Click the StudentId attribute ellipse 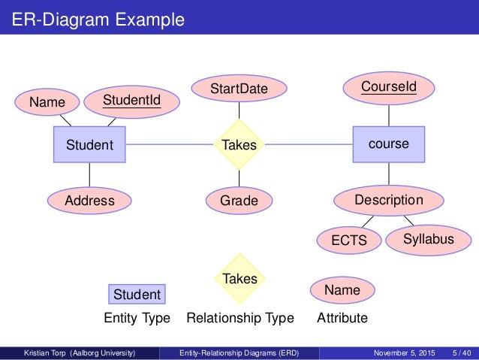[x=131, y=99]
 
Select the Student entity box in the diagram [x=89, y=144]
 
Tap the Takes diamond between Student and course [x=239, y=144]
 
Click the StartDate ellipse [x=239, y=89]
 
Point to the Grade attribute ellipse [x=239, y=201]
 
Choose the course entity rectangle [x=389, y=144]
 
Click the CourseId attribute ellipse [x=388, y=87]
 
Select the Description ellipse [x=388, y=201]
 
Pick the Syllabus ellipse [x=429, y=239]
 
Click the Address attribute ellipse [x=89, y=201]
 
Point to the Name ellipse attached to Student [x=47, y=101]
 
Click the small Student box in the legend [x=137, y=294]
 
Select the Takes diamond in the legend [x=239, y=279]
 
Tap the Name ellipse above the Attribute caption [x=342, y=290]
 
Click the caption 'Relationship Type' [x=239, y=318]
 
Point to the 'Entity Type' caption [x=137, y=318]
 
